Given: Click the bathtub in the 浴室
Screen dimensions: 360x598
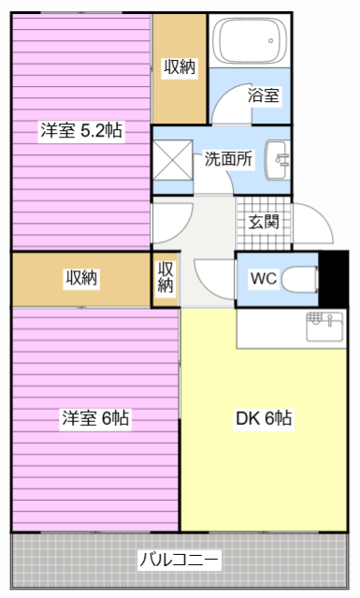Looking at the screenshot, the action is [250, 41].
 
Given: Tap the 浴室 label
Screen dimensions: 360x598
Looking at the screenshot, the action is [264, 95].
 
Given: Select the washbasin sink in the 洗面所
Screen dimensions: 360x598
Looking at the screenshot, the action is [277, 160].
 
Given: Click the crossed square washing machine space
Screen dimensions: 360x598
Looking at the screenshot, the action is [173, 159].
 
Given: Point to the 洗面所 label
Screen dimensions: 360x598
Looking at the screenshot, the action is [228, 159].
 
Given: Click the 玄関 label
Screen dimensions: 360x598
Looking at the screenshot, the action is [264, 222].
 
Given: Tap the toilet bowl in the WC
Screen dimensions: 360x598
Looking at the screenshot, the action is [299, 279].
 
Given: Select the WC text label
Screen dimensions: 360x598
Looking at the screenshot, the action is [264, 278].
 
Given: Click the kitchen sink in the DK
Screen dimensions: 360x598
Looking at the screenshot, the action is [325, 327].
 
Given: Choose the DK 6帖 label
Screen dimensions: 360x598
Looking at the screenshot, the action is [264, 418].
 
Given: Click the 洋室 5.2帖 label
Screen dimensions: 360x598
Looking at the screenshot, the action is [81, 131].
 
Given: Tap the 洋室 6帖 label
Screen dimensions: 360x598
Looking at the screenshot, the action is [95, 418].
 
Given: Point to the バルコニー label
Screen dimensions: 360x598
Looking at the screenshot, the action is [179, 560].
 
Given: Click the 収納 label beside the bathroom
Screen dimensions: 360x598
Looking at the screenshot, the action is [180, 67].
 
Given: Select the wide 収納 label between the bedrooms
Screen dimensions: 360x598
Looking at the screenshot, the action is [81, 278].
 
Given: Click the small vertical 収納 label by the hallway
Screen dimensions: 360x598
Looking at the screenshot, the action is [166, 277].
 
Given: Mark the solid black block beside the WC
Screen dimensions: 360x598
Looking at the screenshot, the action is [333, 279].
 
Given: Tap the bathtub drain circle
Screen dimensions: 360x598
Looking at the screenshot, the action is [270, 41].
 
